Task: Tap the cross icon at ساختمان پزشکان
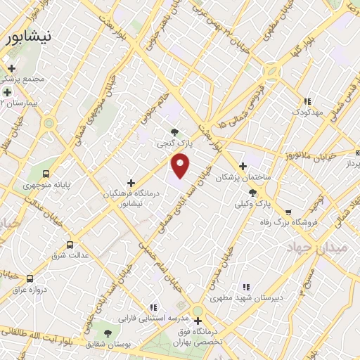[243, 167]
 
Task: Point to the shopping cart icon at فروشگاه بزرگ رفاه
[288, 193]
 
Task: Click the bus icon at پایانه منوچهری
[46, 174]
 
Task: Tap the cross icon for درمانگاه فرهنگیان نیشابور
[131, 183]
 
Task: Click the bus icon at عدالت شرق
[69, 245]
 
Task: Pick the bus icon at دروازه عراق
[30, 278]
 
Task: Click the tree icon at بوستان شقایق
[108, 333]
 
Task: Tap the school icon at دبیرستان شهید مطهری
[246, 287]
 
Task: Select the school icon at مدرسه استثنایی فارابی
[153, 307]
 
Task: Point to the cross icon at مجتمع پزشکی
[11, 69]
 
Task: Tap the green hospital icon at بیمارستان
[7, 92]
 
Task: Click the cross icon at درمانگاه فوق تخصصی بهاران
[198, 321]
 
